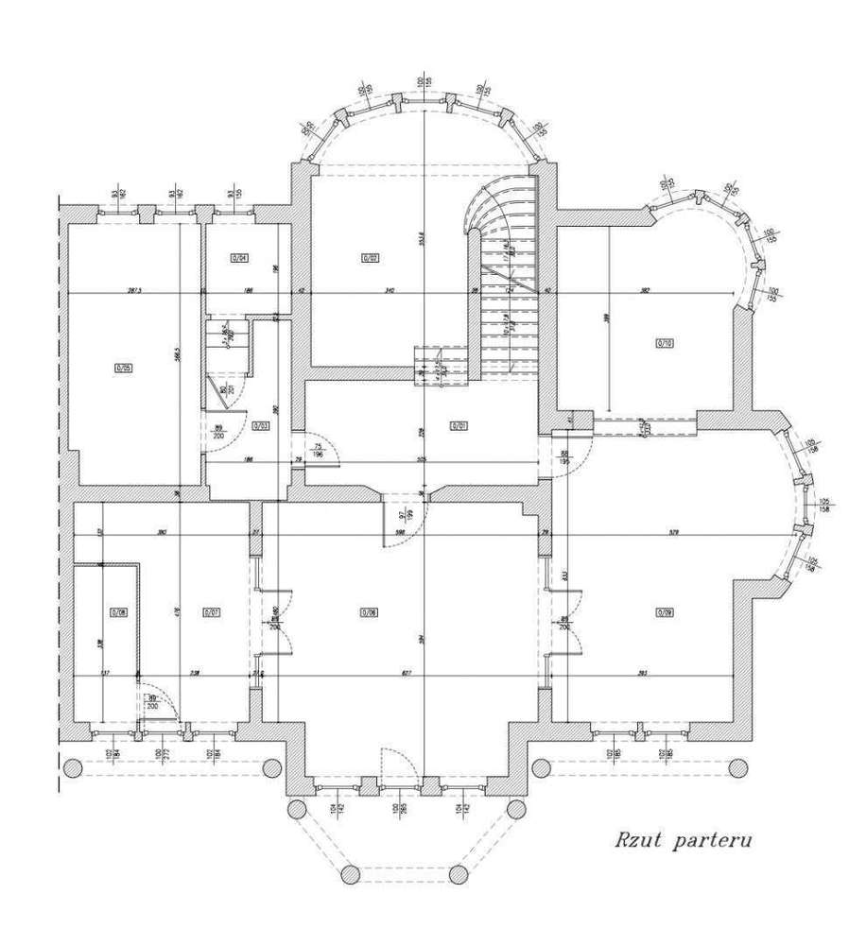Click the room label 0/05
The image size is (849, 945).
point(123,368)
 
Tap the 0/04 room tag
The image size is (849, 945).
point(238,257)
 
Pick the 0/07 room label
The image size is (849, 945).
point(211,611)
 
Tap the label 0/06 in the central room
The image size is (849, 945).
point(369,611)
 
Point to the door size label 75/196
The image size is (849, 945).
point(319,451)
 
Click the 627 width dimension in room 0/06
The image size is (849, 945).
point(406,673)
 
